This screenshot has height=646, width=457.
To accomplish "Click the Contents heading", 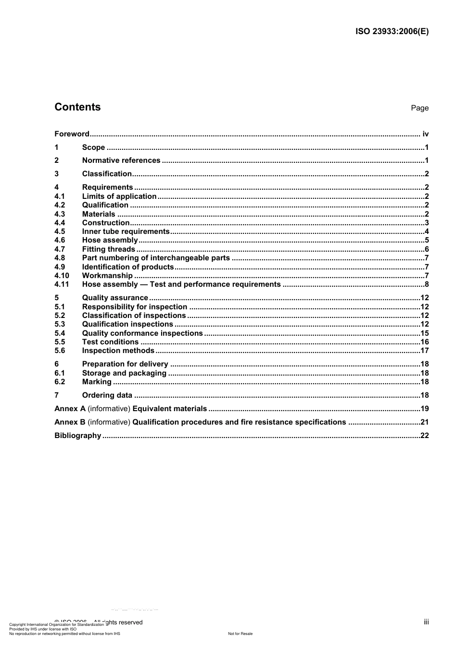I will coord(77,107).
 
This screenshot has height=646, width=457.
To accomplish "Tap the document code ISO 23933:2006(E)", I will coord(392,32).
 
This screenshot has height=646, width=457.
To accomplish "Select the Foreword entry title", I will coord(72,134).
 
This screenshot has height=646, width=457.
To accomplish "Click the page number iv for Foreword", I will coord(425,134).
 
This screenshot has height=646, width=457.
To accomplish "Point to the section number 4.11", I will coord(62,284).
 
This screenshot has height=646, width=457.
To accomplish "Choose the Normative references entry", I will coord(121,160).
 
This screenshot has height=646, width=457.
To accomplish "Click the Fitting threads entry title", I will coord(109,249).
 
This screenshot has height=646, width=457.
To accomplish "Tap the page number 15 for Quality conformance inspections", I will coord(424,333).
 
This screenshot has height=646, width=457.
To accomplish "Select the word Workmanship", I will coord(107,276).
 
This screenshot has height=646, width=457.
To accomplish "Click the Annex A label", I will coord(70,409).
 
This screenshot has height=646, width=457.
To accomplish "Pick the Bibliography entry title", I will coord(78,436).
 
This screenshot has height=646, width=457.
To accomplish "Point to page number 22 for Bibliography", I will coord(424,436).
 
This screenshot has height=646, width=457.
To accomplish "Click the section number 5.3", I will coord(60,324).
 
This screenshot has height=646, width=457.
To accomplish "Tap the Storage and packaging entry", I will coord(124,373).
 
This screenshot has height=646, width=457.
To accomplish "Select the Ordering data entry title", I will coord(107,395).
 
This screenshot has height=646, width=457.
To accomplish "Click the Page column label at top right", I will coord(419,108).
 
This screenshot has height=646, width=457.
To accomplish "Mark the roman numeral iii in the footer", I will coord(426,622).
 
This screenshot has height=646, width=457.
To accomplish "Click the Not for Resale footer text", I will coord(240,634).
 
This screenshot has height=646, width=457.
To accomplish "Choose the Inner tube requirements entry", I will coord(126,232).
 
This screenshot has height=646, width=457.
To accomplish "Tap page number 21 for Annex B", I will coord(424,422).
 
